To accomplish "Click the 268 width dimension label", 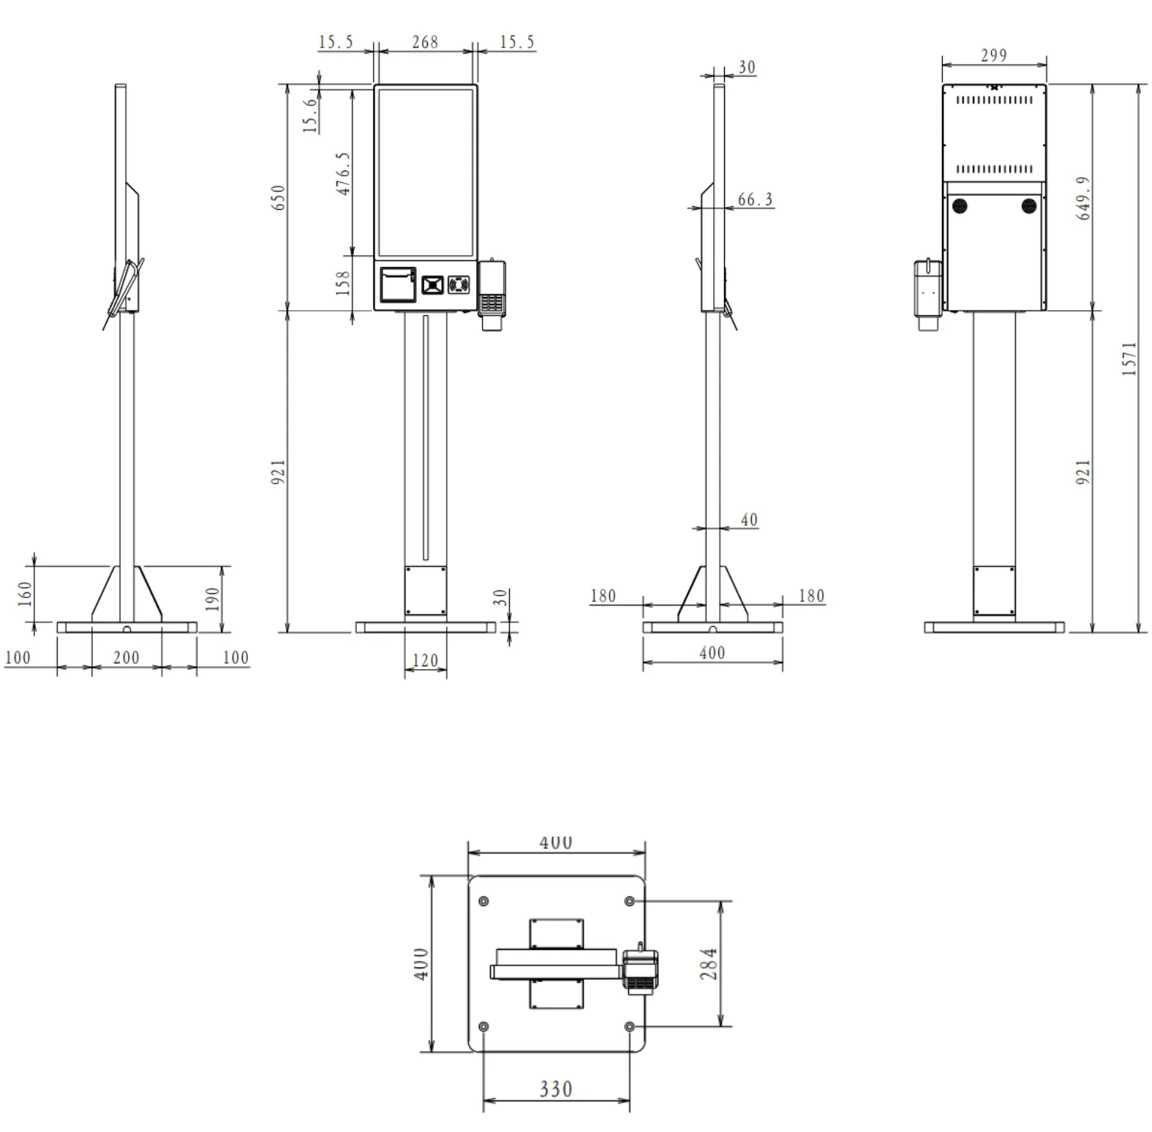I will tap(424, 42).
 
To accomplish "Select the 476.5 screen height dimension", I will tap(343, 173).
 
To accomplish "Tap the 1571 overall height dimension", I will tap(1129, 358).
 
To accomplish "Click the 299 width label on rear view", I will tap(993, 55).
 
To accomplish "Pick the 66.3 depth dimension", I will tap(755, 199).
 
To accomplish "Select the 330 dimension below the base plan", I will tap(555, 1089).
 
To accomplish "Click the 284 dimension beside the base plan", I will tap(708, 964).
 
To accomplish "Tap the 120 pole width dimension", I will tap(425, 660).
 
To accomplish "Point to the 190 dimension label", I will tap(212, 598).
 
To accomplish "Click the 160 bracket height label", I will tap(25, 594).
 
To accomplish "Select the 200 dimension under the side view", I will tap(126, 657).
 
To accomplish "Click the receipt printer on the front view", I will tap(398, 284).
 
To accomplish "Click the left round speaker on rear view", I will tap(960, 206).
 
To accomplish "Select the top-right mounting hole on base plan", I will tap(630, 901).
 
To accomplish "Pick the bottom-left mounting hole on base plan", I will tap(483, 1027).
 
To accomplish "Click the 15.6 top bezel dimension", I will tap(310, 115).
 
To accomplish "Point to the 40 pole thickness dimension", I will tap(748, 519).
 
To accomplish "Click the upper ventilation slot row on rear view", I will tap(994, 100).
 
